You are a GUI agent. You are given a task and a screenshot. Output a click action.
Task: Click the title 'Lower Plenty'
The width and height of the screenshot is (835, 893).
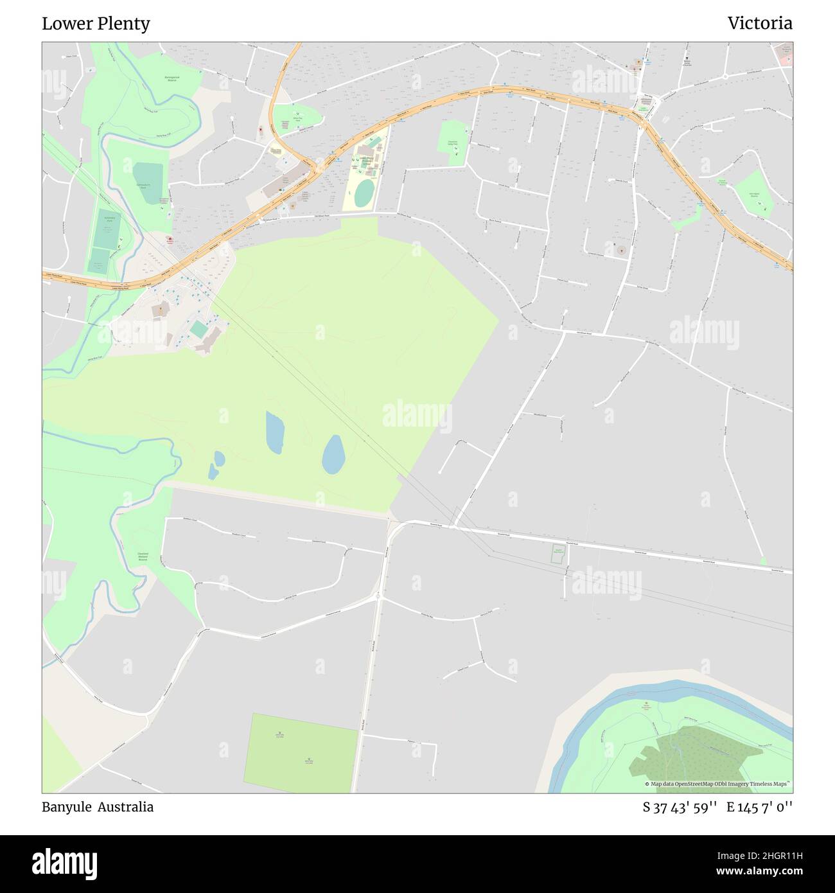tap(96, 24)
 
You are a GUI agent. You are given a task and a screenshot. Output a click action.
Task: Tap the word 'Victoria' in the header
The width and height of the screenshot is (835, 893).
tap(759, 24)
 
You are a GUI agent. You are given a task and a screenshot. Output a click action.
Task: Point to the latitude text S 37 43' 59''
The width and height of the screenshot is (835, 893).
tap(680, 808)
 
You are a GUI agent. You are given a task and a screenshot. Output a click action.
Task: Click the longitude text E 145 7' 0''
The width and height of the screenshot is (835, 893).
tap(759, 808)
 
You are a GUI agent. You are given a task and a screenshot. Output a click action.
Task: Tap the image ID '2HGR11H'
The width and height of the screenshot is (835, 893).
tap(768, 854)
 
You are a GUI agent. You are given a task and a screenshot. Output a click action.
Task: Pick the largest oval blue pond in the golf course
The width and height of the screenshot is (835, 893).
tap(333, 454)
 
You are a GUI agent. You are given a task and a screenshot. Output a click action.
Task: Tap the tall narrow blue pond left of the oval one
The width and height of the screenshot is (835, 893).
tap(275, 432)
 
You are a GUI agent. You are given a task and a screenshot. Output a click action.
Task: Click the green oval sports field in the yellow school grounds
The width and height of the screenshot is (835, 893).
tap(364, 193)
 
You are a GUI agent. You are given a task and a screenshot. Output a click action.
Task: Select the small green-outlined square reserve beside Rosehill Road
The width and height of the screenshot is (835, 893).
tap(558, 554)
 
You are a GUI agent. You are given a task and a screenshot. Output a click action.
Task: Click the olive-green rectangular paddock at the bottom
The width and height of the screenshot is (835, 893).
tap(301, 753)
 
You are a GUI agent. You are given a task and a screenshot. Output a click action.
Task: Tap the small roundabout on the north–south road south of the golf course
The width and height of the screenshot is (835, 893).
tap(378, 597)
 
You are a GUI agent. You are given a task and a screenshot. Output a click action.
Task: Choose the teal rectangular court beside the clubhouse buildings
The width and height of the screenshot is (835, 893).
tap(199, 330)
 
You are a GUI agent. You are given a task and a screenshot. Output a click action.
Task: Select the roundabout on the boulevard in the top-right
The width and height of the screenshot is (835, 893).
tap(725, 76)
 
